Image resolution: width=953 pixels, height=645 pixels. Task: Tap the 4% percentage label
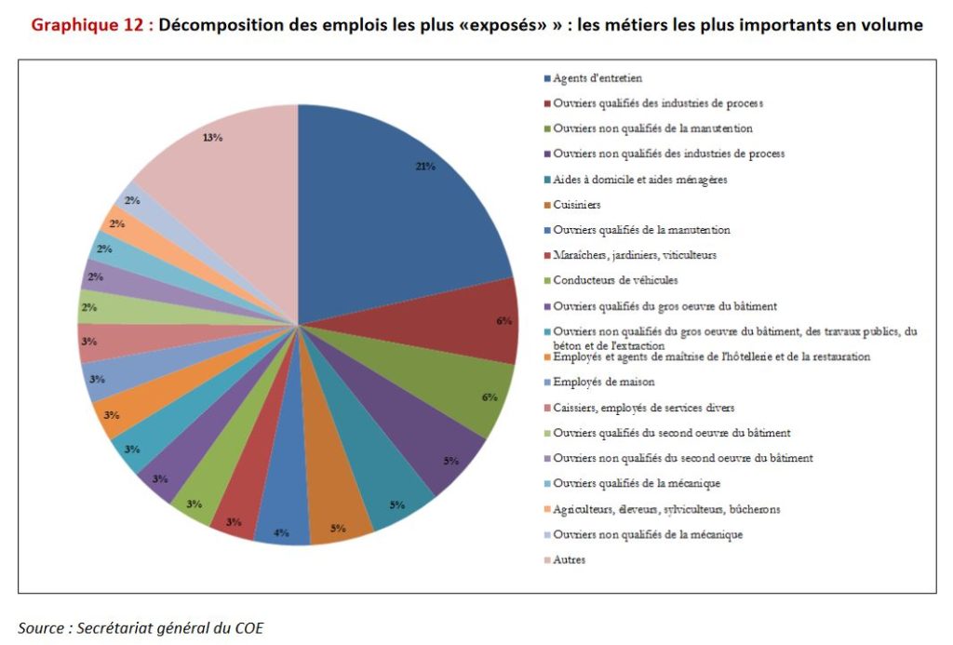(281, 532)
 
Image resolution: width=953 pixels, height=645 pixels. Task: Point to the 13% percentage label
(212, 138)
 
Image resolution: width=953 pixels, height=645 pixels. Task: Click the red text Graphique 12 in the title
(87, 25)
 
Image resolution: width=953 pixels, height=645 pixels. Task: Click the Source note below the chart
(141, 628)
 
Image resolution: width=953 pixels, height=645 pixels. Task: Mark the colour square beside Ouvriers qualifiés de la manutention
(547, 231)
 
